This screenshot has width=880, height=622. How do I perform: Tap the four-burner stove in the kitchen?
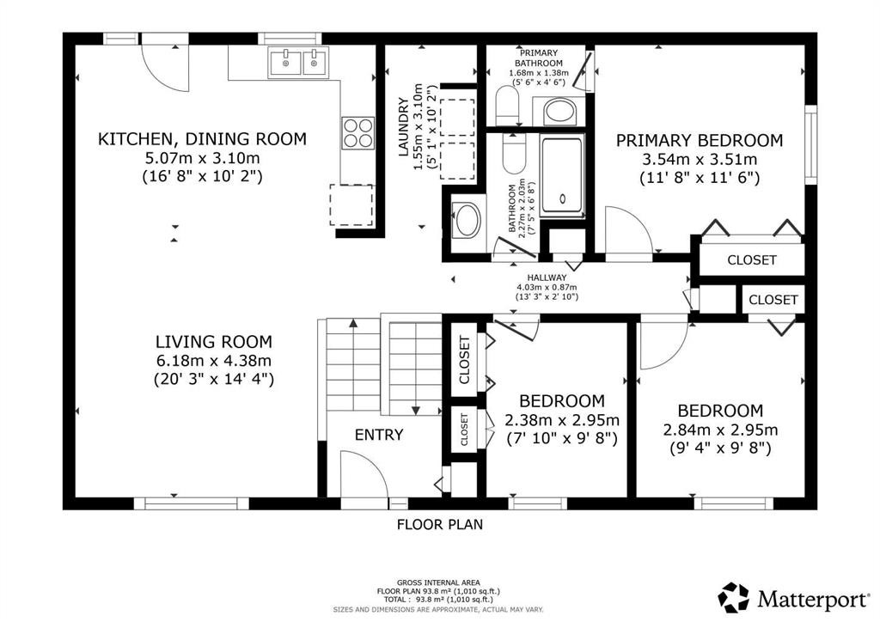(x=358, y=133)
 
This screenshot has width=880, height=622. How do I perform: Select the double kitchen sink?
(x=299, y=62)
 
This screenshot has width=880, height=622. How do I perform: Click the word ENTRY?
(x=379, y=435)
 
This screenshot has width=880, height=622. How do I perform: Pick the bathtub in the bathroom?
(x=562, y=175)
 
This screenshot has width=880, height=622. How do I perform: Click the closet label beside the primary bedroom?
(x=751, y=260)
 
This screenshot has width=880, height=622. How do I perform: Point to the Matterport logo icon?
(x=734, y=598)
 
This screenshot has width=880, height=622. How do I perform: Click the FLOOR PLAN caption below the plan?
(x=440, y=525)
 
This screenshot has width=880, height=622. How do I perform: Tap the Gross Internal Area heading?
(x=438, y=582)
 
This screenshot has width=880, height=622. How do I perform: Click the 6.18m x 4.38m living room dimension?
(x=214, y=361)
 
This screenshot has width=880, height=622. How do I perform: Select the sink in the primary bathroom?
(x=559, y=111)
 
